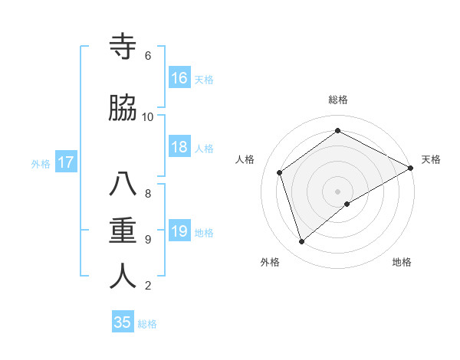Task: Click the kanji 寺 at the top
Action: pos(123,47)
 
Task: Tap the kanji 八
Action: pos(123,185)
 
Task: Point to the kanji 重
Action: pos(123,231)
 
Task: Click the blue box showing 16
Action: pos(179,77)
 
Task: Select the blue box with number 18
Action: pos(179,147)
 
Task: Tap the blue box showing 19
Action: pos(179,231)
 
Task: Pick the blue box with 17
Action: pos(65,162)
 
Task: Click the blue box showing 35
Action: pos(123,322)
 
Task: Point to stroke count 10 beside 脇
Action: pos(148,116)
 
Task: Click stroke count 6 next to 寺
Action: pos(148,55)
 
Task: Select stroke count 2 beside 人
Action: pos(148,286)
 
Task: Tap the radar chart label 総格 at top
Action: pos(338,100)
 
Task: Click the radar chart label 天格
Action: pos(431,159)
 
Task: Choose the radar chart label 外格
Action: pos(270,262)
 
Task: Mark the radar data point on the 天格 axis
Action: pos(411,168)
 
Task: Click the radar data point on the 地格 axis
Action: pos(347,204)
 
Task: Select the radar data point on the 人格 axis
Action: pos(280,172)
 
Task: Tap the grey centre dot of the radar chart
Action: pos(338,191)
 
